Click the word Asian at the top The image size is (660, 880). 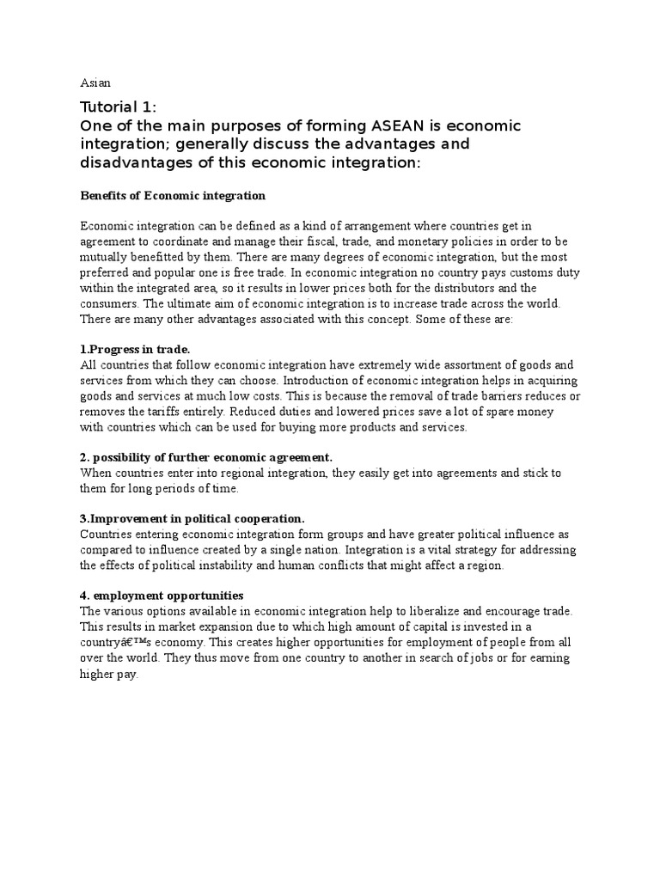click(x=95, y=82)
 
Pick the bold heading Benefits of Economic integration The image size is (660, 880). click(x=173, y=196)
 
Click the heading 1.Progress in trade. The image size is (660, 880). click(x=135, y=349)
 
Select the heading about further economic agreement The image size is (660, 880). click(x=206, y=457)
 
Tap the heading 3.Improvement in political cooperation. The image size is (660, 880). click(x=192, y=519)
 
